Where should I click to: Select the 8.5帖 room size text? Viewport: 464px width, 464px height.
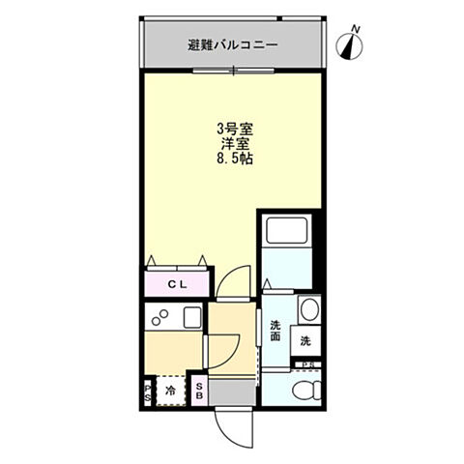pyautogui.click(x=235, y=159)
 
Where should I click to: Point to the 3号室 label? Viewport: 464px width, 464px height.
pyautogui.click(x=234, y=127)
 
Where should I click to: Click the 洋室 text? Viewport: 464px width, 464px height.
pyautogui.click(x=234, y=142)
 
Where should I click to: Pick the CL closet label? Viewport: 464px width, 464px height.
pyautogui.click(x=177, y=284)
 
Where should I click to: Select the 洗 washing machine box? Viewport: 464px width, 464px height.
pyautogui.click(x=304, y=340)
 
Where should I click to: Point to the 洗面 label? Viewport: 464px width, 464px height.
pyautogui.click(x=275, y=331)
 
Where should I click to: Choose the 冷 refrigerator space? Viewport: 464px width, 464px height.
pyautogui.click(x=170, y=391)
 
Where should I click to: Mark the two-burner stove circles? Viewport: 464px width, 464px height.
pyautogui.click(x=160, y=318)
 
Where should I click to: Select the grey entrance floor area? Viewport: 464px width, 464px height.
pyautogui.click(x=232, y=392)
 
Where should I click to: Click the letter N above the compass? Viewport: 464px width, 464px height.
pyautogui.click(x=355, y=29)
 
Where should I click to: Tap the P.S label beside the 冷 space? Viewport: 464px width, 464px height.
pyautogui.click(x=148, y=391)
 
